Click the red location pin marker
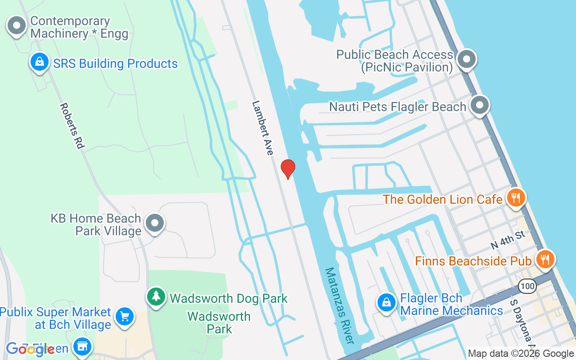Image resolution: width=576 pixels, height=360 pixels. pyautogui.click(x=288, y=169)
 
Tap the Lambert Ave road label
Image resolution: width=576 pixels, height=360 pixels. pyautogui.click(x=263, y=128)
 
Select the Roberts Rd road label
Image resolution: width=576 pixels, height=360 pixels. pyautogui.click(x=72, y=126)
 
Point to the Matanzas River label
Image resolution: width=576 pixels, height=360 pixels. pyautogui.click(x=340, y=306)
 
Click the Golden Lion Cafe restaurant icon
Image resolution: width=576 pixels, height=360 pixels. pyautogui.click(x=516, y=198)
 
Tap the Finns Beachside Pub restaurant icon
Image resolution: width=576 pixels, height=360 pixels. pyautogui.click(x=545, y=260)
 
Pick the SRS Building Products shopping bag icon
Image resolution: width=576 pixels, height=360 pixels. pyautogui.click(x=40, y=62)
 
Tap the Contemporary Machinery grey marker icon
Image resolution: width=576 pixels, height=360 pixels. pyautogui.click(x=17, y=26)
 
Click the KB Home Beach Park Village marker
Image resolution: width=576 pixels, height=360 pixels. pyautogui.click(x=156, y=223)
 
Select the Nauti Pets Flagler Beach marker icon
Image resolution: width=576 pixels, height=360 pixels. pyautogui.click(x=480, y=106)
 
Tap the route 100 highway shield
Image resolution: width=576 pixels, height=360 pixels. pyautogui.click(x=526, y=286)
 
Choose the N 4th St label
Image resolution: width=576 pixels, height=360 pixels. pyautogui.click(x=508, y=239)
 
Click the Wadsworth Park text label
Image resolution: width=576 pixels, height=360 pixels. pyautogui.click(x=219, y=323)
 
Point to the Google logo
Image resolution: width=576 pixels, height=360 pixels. pyautogui.click(x=30, y=349)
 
